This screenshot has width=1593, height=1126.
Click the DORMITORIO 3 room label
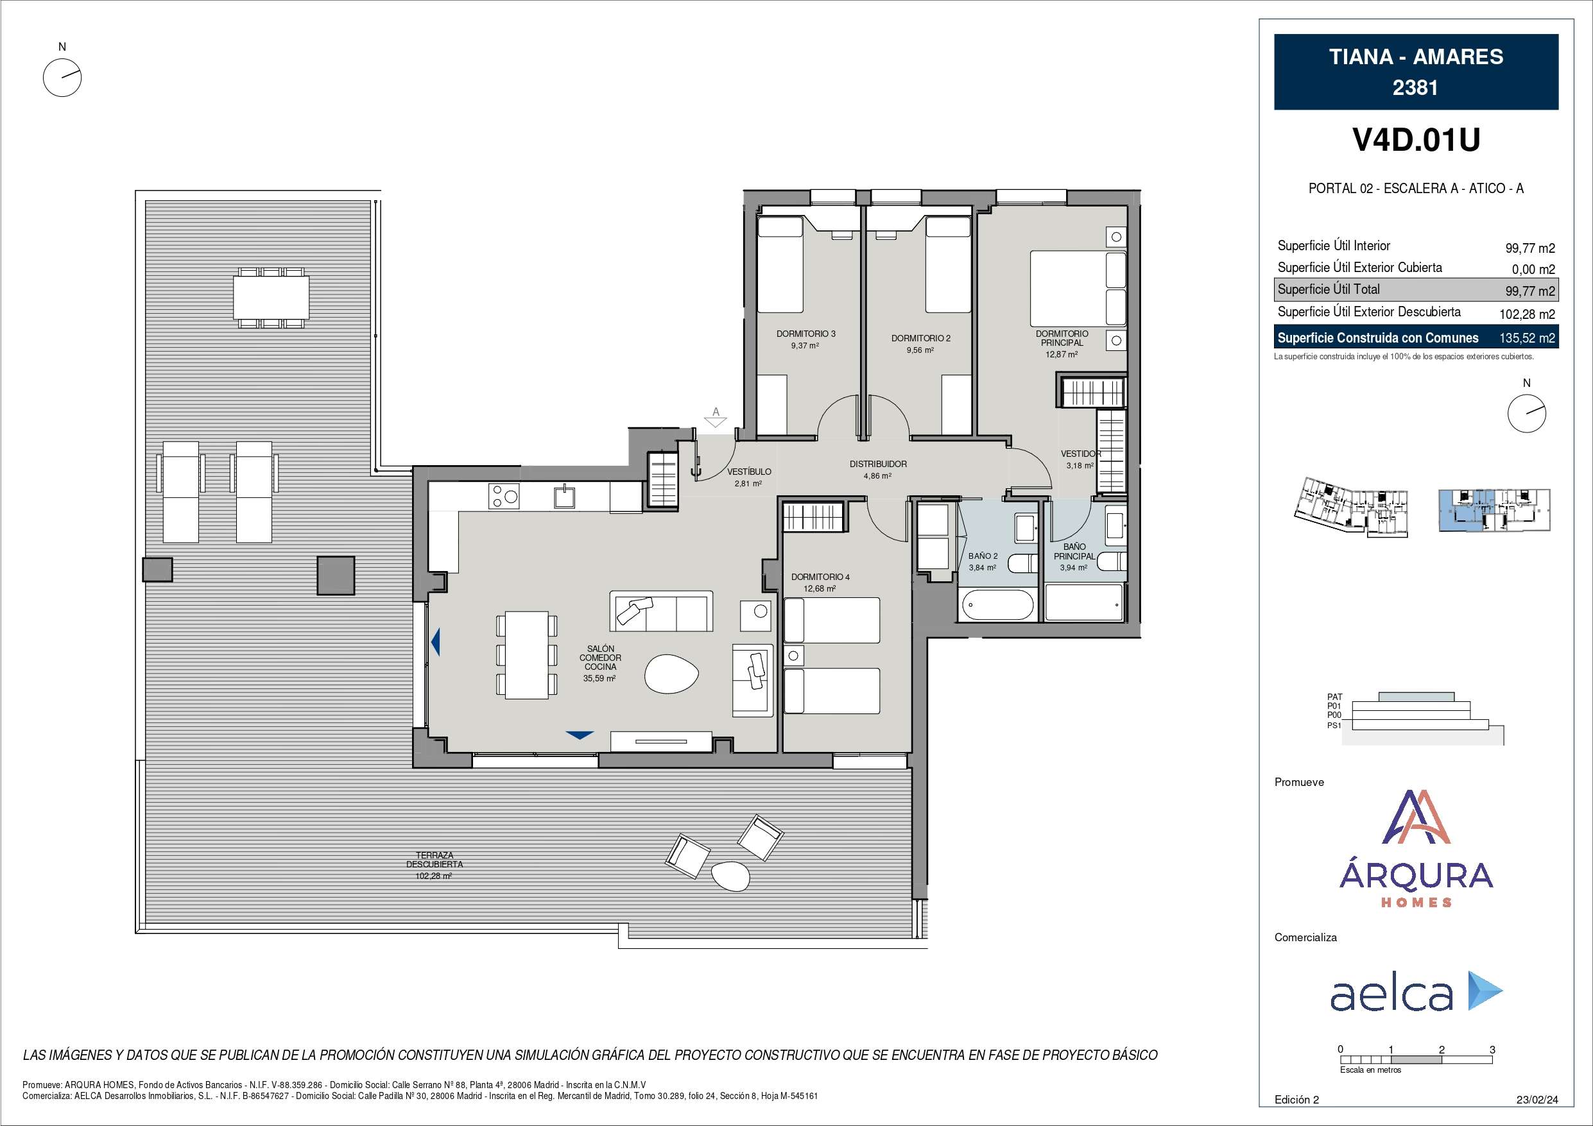pyautogui.click(x=805, y=334)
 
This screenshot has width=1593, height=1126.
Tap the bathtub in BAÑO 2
pyautogui.click(x=997, y=605)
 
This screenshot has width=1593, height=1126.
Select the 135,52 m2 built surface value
pyautogui.click(x=1527, y=339)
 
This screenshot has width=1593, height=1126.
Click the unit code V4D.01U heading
pyautogui.click(x=1416, y=140)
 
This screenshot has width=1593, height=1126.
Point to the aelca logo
pyautogui.click(x=1416, y=991)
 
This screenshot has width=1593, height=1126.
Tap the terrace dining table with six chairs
pyautogui.click(x=271, y=298)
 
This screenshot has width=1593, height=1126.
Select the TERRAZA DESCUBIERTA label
pyautogui.click(x=435, y=860)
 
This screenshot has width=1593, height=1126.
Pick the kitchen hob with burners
pyautogui.click(x=504, y=496)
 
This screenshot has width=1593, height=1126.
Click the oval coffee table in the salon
pyautogui.click(x=671, y=674)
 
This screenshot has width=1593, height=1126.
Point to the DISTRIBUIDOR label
pyautogui.click(x=877, y=464)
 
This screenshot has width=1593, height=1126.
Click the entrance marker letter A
pyautogui.click(x=716, y=412)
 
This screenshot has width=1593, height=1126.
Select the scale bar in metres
pyautogui.click(x=1416, y=1060)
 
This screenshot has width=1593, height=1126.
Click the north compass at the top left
pyautogui.click(x=62, y=76)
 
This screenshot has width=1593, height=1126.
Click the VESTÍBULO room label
pyautogui.click(x=748, y=472)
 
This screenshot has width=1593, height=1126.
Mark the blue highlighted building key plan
pyautogui.click(x=1493, y=510)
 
